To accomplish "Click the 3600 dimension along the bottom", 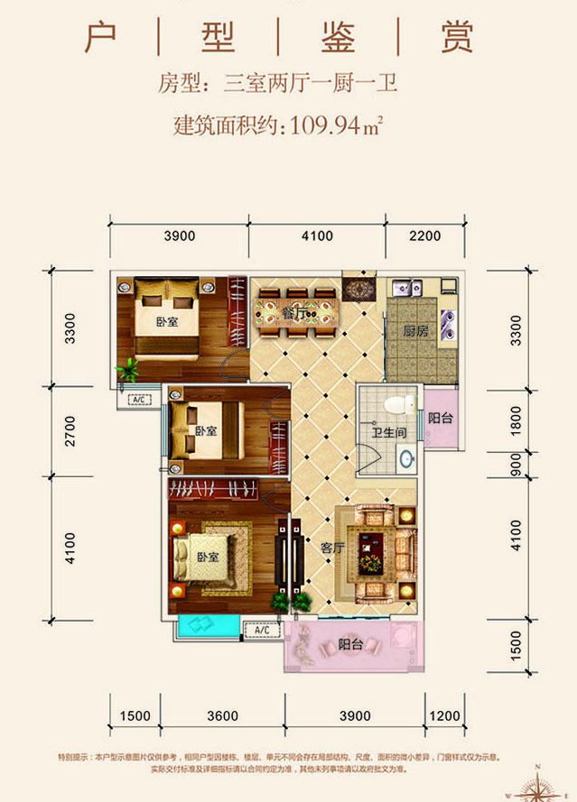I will [x=222, y=715].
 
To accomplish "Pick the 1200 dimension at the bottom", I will [x=444, y=715].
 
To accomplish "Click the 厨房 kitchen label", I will [x=415, y=331].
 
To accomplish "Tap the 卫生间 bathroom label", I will [x=386, y=433].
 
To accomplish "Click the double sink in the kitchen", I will [x=404, y=289].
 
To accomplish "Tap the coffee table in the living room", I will [x=371, y=551].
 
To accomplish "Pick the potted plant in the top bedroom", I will [x=129, y=369].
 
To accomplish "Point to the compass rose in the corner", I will [x=541, y=785].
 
